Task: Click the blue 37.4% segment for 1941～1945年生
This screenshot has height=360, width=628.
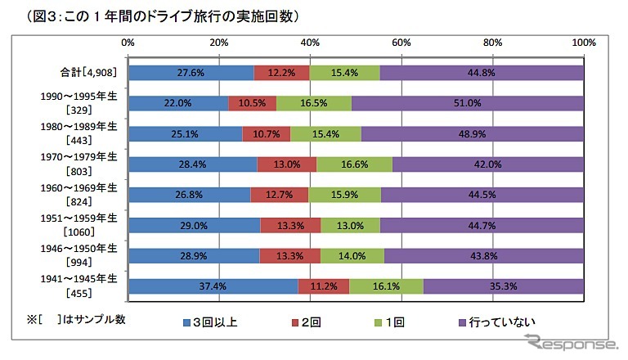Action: tap(213, 286)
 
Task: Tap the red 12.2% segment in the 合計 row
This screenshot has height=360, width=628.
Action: tap(281, 72)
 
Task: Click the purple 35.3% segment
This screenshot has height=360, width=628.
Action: tap(504, 286)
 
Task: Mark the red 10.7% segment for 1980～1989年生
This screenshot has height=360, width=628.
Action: tap(266, 133)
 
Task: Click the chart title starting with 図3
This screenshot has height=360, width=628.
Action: tap(152, 15)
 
